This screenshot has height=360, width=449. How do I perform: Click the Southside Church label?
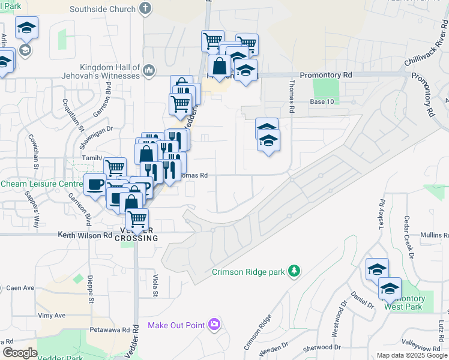coord(103,9)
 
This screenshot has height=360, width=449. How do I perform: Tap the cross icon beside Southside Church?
coord(145,9)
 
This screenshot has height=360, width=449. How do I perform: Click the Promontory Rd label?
coord(326,74)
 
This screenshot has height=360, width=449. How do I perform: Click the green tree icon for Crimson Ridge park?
coord(294,271)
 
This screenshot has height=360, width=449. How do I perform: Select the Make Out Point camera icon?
coord(214,325)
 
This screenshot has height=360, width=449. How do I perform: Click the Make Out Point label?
coord(176,326)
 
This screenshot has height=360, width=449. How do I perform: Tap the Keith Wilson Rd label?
coord(85,236)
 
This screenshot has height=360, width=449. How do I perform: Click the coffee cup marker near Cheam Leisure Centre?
coord(95,184)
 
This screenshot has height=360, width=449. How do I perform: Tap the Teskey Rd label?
coord(381,212)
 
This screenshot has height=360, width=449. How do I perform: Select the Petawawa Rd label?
coord(109,330)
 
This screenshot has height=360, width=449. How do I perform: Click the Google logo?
coord(20,353)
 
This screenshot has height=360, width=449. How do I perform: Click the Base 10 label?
coord(322,102)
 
